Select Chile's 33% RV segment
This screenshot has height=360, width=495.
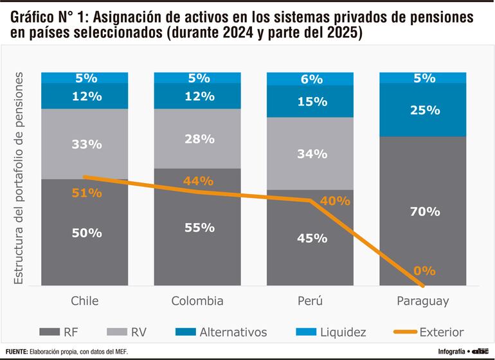(x=86, y=144)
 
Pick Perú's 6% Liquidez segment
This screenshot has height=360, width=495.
(x=310, y=79)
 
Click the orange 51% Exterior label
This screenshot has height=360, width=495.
(x=86, y=193)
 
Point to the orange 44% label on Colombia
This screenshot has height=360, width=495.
(x=197, y=182)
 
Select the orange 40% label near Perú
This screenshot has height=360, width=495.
(x=334, y=201)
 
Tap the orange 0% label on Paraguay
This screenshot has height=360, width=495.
(x=424, y=271)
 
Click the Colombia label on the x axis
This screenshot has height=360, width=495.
(x=197, y=301)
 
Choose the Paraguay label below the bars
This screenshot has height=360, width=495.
(x=422, y=301)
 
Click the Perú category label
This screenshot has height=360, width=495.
(x=310, y=301)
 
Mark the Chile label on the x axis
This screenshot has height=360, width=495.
(x=86, y=301)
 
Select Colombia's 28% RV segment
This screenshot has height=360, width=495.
(x=197, y=139)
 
